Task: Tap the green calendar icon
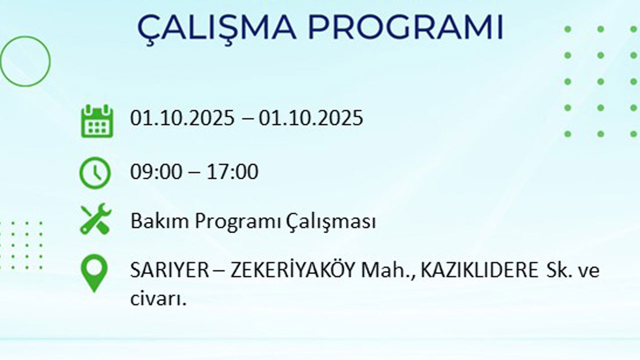pos(97,120)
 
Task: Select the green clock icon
pos(95,172)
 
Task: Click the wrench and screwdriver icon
pos(95,219)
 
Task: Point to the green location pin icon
pos(94,272)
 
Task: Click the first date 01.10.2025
pos(182,118)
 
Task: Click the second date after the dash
pos(311,118)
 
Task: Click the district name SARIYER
pos(169,270)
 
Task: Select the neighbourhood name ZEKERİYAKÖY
pos(293,270)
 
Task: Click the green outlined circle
pos(25,61)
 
